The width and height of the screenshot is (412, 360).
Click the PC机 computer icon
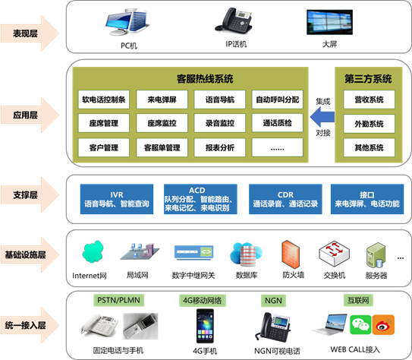click(127, 22)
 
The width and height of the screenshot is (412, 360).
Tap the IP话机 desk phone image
click(234, 21)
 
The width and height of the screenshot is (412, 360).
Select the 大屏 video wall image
click(329, 22)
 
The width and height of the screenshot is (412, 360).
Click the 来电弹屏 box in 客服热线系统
click(162, 99)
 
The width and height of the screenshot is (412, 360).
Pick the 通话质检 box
click(278, 123)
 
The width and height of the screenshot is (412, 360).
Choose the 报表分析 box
click(220, 147)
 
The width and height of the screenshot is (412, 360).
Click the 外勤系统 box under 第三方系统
click(369, 124)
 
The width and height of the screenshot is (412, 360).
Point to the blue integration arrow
click(322, 117)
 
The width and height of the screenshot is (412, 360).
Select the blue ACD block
click(200, 199)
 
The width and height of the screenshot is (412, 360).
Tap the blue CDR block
click(285, 199)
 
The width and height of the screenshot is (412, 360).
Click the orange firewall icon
click(291, 254)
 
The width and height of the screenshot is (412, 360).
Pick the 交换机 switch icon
click(334, 254)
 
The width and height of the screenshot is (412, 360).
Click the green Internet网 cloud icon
click(93, 251)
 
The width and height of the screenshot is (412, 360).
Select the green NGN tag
click(273, 300)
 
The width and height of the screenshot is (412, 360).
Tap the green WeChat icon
click(360, 325)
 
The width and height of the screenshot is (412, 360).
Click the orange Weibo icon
click(383, 325)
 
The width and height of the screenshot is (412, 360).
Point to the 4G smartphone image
click(205, 326)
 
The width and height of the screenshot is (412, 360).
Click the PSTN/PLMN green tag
click(119, 300)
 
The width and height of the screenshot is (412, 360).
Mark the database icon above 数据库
click(246, 254)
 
